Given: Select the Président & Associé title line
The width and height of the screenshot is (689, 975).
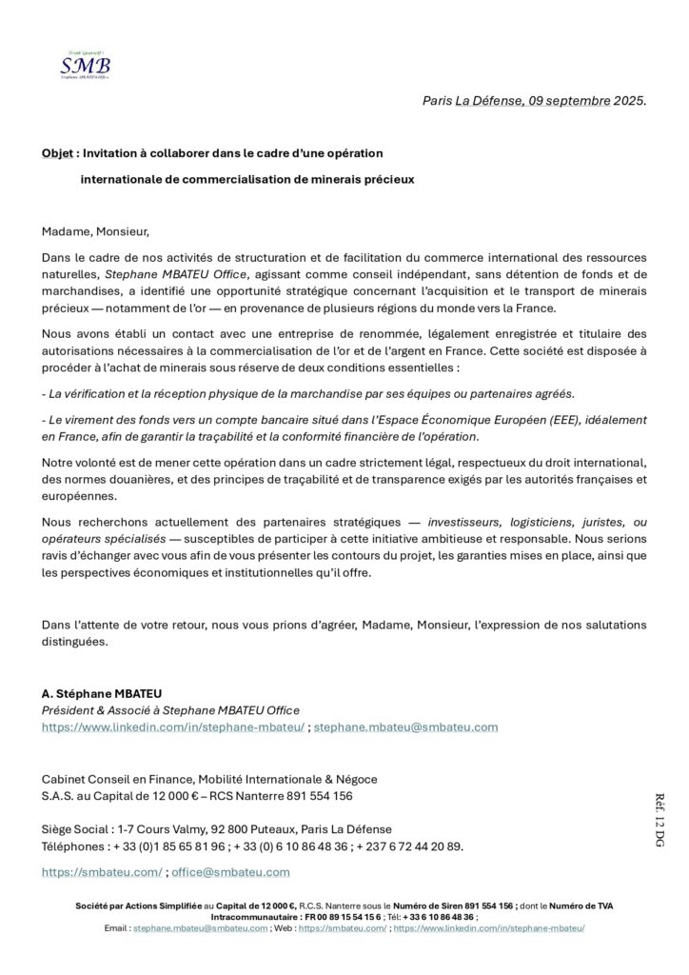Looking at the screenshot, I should [170, 709].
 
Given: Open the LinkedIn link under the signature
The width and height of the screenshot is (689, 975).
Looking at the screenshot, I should [173, 726].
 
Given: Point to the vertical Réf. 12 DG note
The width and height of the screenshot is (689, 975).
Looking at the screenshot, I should [659, 820].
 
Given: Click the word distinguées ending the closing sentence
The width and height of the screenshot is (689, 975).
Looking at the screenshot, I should [75, 641].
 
